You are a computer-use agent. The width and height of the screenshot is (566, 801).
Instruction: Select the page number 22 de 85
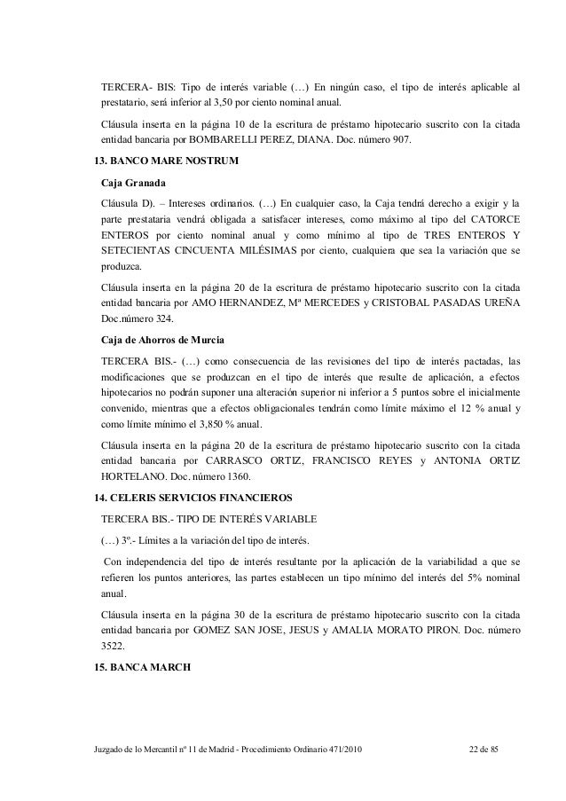pos(484,753)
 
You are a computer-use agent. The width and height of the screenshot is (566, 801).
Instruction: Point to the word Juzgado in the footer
pos(111,753)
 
